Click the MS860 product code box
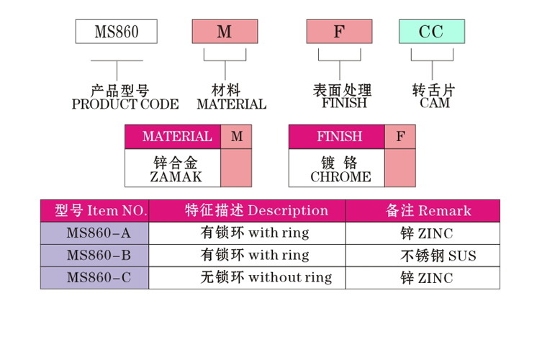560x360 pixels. coord(116,32)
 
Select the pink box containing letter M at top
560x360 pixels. coord(225,32)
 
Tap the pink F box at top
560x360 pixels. coord(339,32)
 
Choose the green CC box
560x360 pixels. coord(432,32)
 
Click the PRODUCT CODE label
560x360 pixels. coord(125,104)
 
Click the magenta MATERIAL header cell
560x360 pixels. coord(173,137)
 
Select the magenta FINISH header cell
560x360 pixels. coord(336,137)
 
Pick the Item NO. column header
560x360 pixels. coord(100,210)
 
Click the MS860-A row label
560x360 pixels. coord(98,233)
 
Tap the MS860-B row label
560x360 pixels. coord(98,256)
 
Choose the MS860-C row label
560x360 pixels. coord(98,278)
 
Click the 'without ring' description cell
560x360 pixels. coord(266,277)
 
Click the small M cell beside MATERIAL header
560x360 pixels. coord(237,137)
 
